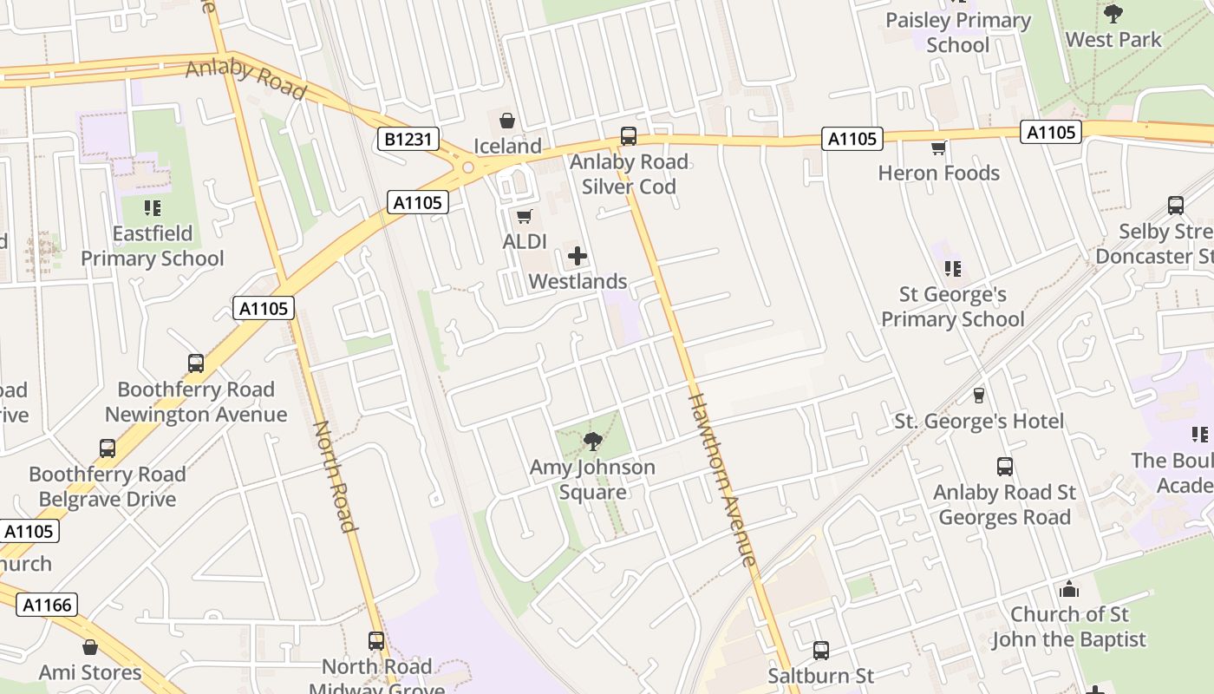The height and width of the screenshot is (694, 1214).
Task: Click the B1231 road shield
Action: pos(408,139)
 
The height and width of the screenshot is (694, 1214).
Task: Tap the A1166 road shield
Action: pos(46,605)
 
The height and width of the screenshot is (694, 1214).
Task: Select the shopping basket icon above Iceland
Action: pos(507,121)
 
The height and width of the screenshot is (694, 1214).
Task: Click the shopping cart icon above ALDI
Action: pos(524,216)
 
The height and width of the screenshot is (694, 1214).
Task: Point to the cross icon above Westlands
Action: pos(578,256)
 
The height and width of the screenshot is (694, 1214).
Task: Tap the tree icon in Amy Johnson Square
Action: pos(593,442)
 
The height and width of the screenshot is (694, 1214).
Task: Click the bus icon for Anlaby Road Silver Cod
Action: pos(629,136)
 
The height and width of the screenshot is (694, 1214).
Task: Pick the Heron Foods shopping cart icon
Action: pos(938,148)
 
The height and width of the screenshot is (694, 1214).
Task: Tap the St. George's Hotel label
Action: pos(979,422)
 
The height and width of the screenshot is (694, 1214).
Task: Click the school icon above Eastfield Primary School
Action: pos(153,208)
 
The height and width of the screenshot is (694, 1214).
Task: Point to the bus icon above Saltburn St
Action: pos(821,650)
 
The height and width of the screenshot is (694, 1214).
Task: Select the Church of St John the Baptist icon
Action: pos(1069,589)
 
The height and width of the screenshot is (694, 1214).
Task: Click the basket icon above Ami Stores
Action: pos(90,647)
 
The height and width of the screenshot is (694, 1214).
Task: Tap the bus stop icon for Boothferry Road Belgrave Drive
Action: pos(108,448)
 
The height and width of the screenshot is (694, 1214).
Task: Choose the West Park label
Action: pos(1113,39)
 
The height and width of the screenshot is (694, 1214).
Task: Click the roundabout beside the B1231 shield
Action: pos(468,167)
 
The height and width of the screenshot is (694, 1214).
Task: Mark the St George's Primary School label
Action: pos(953,307)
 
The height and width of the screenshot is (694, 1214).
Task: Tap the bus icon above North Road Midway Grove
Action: pos(376,641)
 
